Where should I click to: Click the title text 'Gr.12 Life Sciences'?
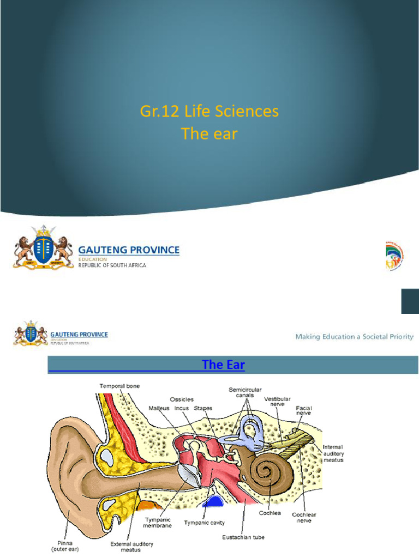[209, 112]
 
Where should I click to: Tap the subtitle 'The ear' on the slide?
[209, 134]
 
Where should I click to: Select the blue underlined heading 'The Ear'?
[223, 365]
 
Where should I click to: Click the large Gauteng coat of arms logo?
[43, 250]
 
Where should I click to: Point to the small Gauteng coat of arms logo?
[31, 334]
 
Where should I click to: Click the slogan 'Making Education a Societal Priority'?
[354, 336]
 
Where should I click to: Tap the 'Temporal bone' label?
[119, 386]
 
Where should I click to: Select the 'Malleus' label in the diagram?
[159, 408]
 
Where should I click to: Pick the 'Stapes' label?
[203, 408]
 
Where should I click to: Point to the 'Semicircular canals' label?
[245, 392]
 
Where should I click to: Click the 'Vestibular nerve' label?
[277, 402]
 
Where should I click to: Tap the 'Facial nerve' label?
[303, 410]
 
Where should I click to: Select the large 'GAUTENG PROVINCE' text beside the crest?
[130, 250]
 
